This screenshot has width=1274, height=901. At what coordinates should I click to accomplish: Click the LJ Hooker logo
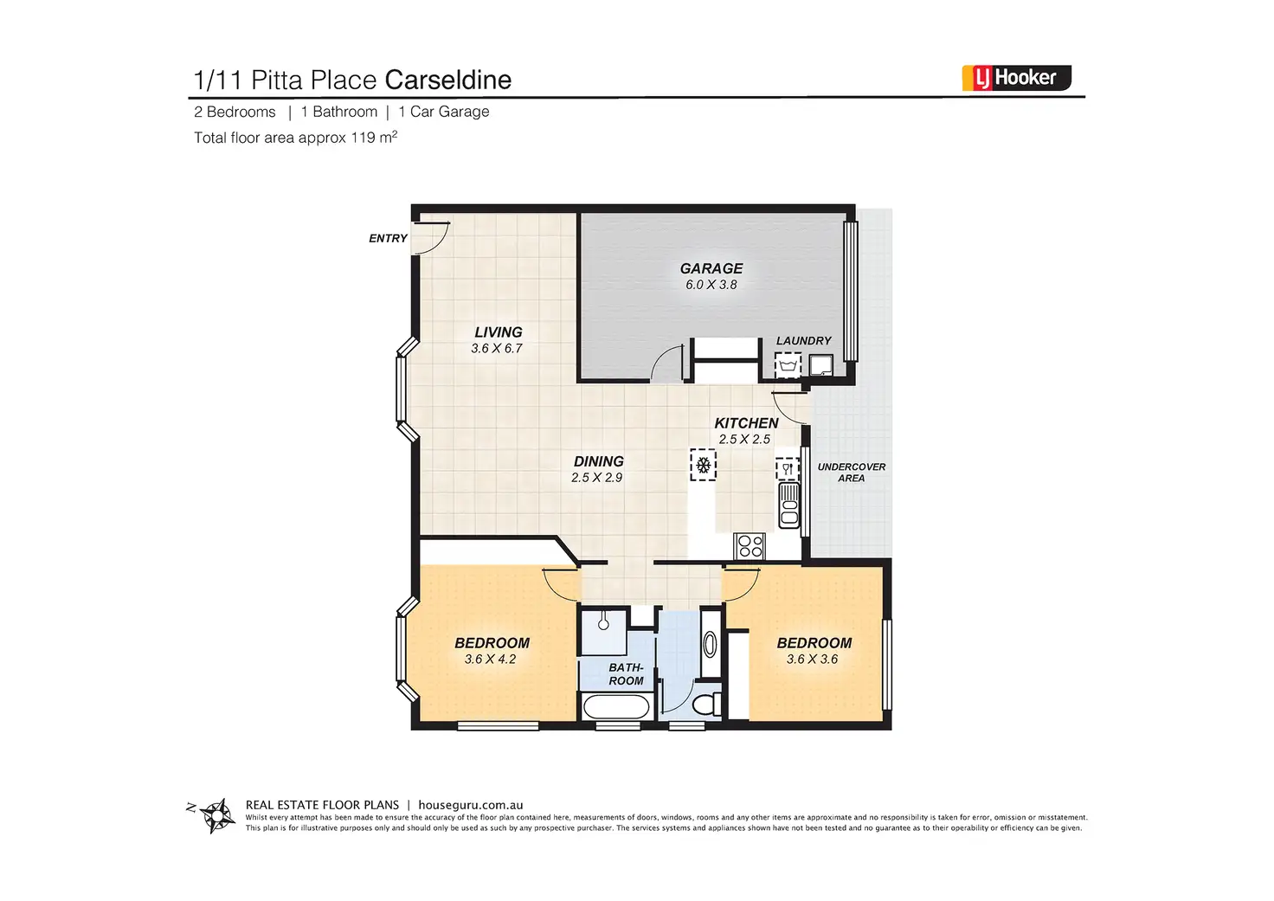click(x=1016, y=78)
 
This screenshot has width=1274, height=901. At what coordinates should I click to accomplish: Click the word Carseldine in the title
click(x=447, y=80)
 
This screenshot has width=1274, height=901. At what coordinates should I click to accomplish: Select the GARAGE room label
click(x=711, y=268)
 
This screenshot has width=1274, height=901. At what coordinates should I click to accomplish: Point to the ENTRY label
click(x=388, y=238)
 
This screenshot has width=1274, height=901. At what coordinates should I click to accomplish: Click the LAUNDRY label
click(x=803, y=341)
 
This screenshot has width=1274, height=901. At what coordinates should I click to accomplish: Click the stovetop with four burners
click(x=750, y=546)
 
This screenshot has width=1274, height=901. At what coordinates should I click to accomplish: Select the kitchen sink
click(x=788, y=505)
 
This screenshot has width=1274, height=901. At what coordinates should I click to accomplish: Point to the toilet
click(x=706, y=703)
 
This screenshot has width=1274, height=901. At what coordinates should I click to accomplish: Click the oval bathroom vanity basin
click(x=710, y=644)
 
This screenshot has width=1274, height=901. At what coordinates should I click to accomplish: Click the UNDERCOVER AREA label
click(x=851, y=473)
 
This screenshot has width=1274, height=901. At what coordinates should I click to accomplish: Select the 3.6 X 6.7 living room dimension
click(x=497, y=349)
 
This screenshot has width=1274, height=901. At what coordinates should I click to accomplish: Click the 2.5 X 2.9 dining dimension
click(x=597, y=478)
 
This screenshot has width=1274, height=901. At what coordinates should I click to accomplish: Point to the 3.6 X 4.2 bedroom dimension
click(x=490, y=660)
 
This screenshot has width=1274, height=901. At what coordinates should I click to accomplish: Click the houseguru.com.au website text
click(x=470, y=805)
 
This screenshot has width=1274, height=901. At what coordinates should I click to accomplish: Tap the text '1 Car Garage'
click(x=444, y=112)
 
